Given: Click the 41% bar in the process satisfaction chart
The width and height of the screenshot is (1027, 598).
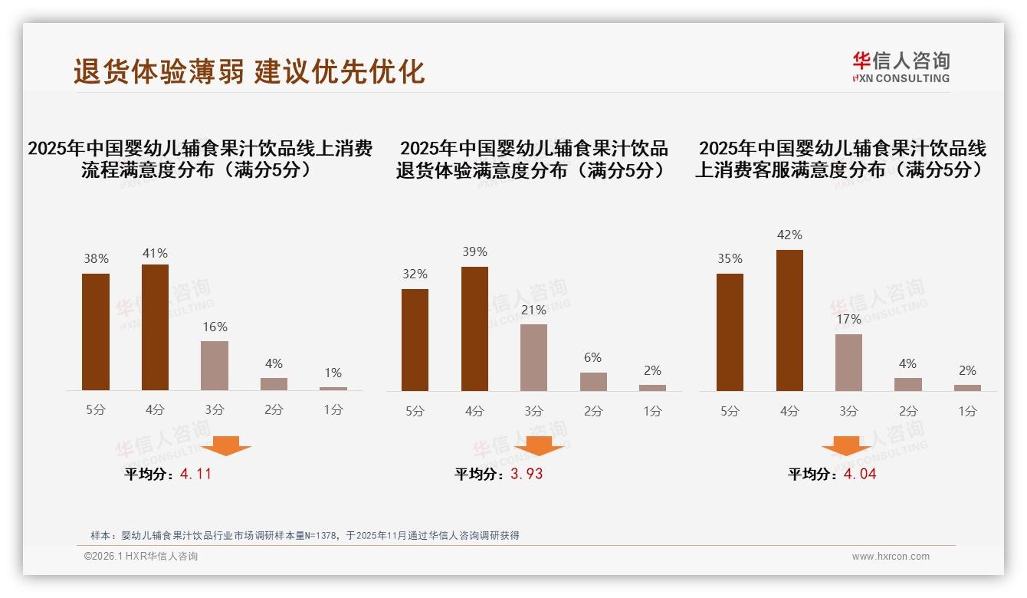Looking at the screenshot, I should pyautogui.click(x=155, y=327).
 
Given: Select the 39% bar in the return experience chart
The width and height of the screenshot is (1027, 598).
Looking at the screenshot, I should pyautogui.click(x=474, y=329).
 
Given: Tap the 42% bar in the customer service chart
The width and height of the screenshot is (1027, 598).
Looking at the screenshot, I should pyautogui.click(x=789, y=320).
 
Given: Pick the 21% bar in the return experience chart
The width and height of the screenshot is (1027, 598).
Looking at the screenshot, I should pyautogui.click(x=533, y=357).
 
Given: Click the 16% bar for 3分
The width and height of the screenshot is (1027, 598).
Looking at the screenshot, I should pyautogui.click(x=215, y=366).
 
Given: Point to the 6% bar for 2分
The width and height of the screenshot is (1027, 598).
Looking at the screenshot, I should pyautogui.click(x=593, y=381).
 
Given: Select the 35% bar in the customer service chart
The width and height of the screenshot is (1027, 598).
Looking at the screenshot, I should pyautogui.click(x=730, y=332).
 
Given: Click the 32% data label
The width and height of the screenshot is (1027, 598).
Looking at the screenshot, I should pyautogui.click(x=415, y=274).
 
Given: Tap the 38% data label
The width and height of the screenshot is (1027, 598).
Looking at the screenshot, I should pyautogui.click(x=96, y=259).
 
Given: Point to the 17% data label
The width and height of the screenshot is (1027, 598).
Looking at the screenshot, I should pyautogui.click(x=848, y=319).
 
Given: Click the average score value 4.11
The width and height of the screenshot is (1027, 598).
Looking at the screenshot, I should pyautogui.click(x=195, y=474).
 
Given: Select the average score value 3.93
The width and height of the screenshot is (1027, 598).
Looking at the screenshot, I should pyautogui.click(x=527, y=474).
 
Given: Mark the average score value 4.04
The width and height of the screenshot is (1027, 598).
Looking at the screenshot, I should pyautogui.click(x=860, y=474).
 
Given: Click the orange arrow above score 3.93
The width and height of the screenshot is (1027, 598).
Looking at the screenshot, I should pyautogui.click(x=539, y=446).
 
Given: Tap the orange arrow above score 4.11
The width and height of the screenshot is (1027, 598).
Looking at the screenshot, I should pyautogui.click(x=226, y=446).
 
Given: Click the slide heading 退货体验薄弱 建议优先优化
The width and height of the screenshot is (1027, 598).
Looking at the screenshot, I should pyautogui.click(x=249, y=72).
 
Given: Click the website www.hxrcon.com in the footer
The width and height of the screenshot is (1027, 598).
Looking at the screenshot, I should pyautogui.click(x=891, y=557).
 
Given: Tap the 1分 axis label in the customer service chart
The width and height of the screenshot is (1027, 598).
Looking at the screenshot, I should pyautogui.click(x=967, y=411).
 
